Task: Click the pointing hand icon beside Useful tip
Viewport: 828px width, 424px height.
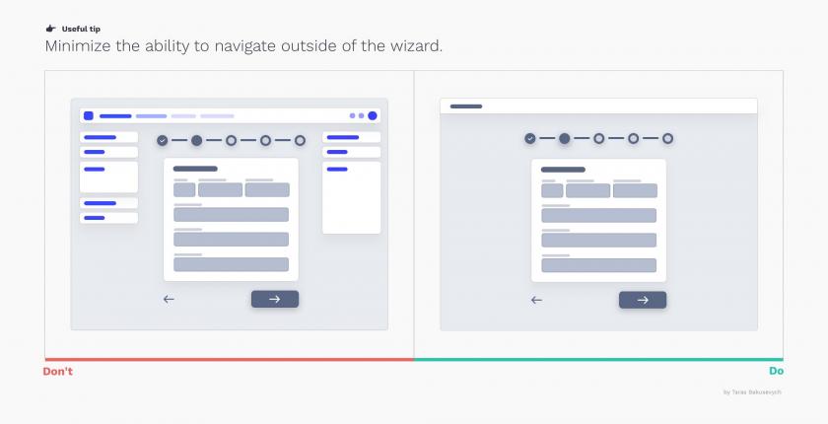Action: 50,29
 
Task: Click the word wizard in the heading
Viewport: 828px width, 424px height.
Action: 416,46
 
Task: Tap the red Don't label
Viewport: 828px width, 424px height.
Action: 57,371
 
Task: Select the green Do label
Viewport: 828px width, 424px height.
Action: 776,371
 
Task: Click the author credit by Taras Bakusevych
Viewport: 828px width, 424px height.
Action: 752,392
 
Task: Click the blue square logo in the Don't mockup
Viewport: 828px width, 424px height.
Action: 89,115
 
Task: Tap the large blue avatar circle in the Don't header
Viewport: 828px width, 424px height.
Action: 373,115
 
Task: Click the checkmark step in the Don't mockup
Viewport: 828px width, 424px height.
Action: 162,140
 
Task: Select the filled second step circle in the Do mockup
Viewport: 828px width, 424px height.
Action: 565,138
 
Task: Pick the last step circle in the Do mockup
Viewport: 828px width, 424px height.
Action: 668,138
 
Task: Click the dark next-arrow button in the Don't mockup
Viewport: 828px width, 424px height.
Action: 275,299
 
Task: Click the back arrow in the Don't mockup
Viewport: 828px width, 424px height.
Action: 169,300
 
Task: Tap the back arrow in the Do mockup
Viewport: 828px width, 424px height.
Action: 536,300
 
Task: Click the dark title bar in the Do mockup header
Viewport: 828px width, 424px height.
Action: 465,106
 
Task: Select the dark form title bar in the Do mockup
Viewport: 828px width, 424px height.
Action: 563,170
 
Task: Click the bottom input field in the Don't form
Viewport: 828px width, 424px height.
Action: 232,264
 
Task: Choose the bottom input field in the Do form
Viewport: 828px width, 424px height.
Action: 599,265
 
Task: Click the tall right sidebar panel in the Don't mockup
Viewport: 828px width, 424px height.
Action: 351,197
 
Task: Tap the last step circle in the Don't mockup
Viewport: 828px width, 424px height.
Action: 300,140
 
